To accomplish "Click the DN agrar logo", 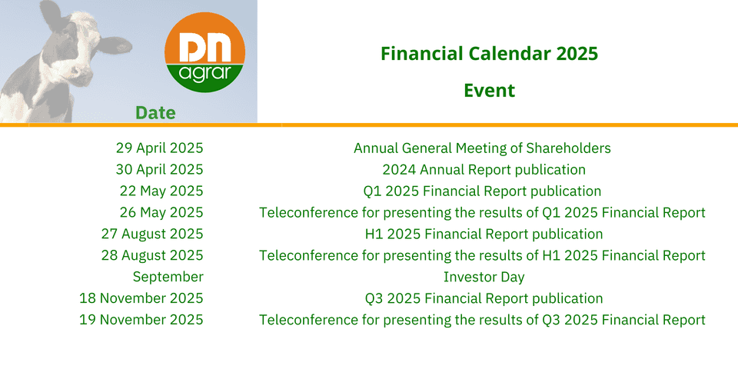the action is (x=204, y=52).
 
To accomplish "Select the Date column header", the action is (x=155, y=112).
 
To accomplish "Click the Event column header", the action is (x=490, y=90).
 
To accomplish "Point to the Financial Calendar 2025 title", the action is (x=490, y=54).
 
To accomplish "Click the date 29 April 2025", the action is (x=160, y=148).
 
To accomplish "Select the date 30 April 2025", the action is (x=160, y=169).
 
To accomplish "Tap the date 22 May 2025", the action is (x=161, y=191).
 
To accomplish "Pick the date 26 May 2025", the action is (x=161, y=212).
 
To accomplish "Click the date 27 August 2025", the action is (x=152, y=234).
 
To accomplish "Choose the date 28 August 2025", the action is (x=152, y=255).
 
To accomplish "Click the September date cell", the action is (x=168, y=277).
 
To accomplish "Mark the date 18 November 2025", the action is (x=141, y=298).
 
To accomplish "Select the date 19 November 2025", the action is (x=141, y=320).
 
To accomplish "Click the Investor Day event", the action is (x=484, y=278).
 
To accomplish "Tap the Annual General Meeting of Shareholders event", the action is (x=483, y=148).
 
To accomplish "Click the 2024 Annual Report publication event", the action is (x=484, y=169).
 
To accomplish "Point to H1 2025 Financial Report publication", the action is (x=484, y=234).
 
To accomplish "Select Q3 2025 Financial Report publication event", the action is (x=484, y=298).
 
